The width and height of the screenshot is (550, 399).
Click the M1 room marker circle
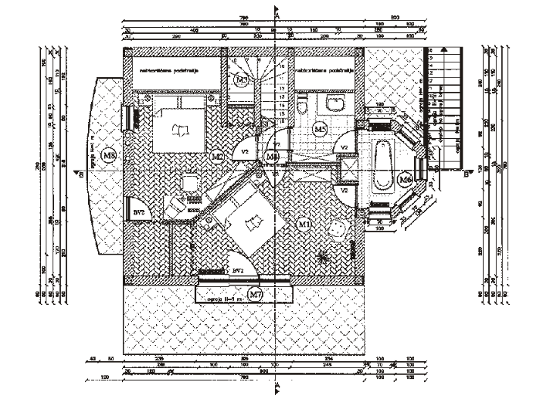pyautogui.click(x=304, y=223)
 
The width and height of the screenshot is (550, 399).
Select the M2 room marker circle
pyautogui.click(x=218, y=156)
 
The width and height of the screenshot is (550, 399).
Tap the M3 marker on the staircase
pyautogui.click(x=242, y=79)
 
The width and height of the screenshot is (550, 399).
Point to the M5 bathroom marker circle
pyautogui.click(x=320, y=129)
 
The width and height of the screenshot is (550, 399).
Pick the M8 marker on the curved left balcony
pyautogui.click(x=109, y=156)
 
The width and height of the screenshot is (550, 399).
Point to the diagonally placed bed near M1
pyautogui.click(x=244, y=221)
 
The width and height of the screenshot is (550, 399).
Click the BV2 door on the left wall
pyautogui.click(x=137, y=210)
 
